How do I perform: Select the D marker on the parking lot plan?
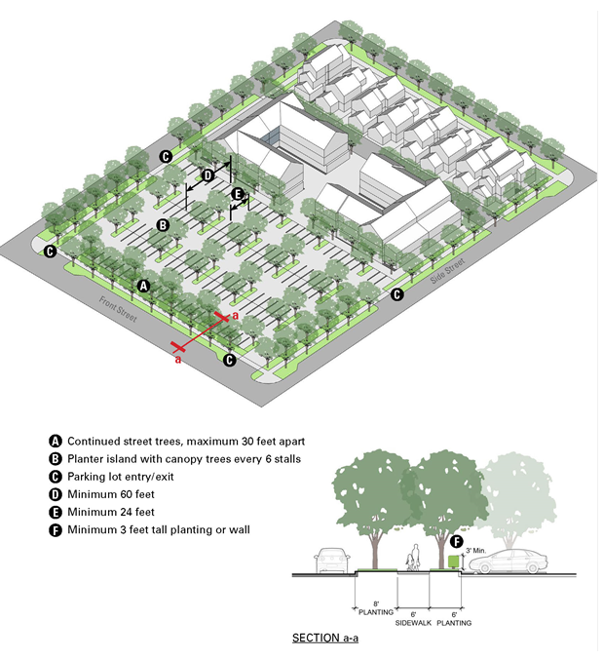tap(207, 176)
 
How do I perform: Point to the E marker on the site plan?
tap(238, 194)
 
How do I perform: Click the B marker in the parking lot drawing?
tap(164, 225)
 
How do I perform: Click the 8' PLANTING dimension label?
tap(376, 610)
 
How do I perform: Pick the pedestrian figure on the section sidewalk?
tap(414, 556)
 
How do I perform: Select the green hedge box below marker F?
tap(453, 562)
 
